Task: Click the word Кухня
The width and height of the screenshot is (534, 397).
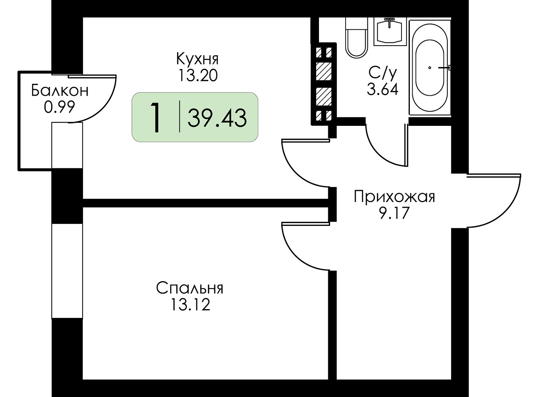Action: [198, 59]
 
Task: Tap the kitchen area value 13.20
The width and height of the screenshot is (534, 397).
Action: [198, 75]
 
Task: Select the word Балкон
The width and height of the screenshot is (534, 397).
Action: [60, 91]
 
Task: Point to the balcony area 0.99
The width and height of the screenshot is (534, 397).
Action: [60, 107]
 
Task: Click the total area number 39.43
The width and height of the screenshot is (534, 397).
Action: [217, 118]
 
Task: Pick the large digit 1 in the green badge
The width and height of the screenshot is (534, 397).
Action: [156, 117]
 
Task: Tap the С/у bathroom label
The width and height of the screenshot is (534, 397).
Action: [382, 73]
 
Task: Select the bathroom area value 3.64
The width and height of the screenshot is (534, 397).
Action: [383, 90]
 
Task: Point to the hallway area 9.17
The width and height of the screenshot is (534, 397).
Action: [394, 213]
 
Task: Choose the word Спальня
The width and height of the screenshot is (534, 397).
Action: [190, 288]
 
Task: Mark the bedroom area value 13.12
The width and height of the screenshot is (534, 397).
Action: [190, 304]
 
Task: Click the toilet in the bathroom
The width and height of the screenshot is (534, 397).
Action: [357, 38]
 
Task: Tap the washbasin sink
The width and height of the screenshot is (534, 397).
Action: [390, 31]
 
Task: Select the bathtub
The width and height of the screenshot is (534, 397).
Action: [430, 67]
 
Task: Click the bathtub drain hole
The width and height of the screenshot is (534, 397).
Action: [430, 68]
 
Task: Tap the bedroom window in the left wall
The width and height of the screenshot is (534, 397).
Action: [67, 271]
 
